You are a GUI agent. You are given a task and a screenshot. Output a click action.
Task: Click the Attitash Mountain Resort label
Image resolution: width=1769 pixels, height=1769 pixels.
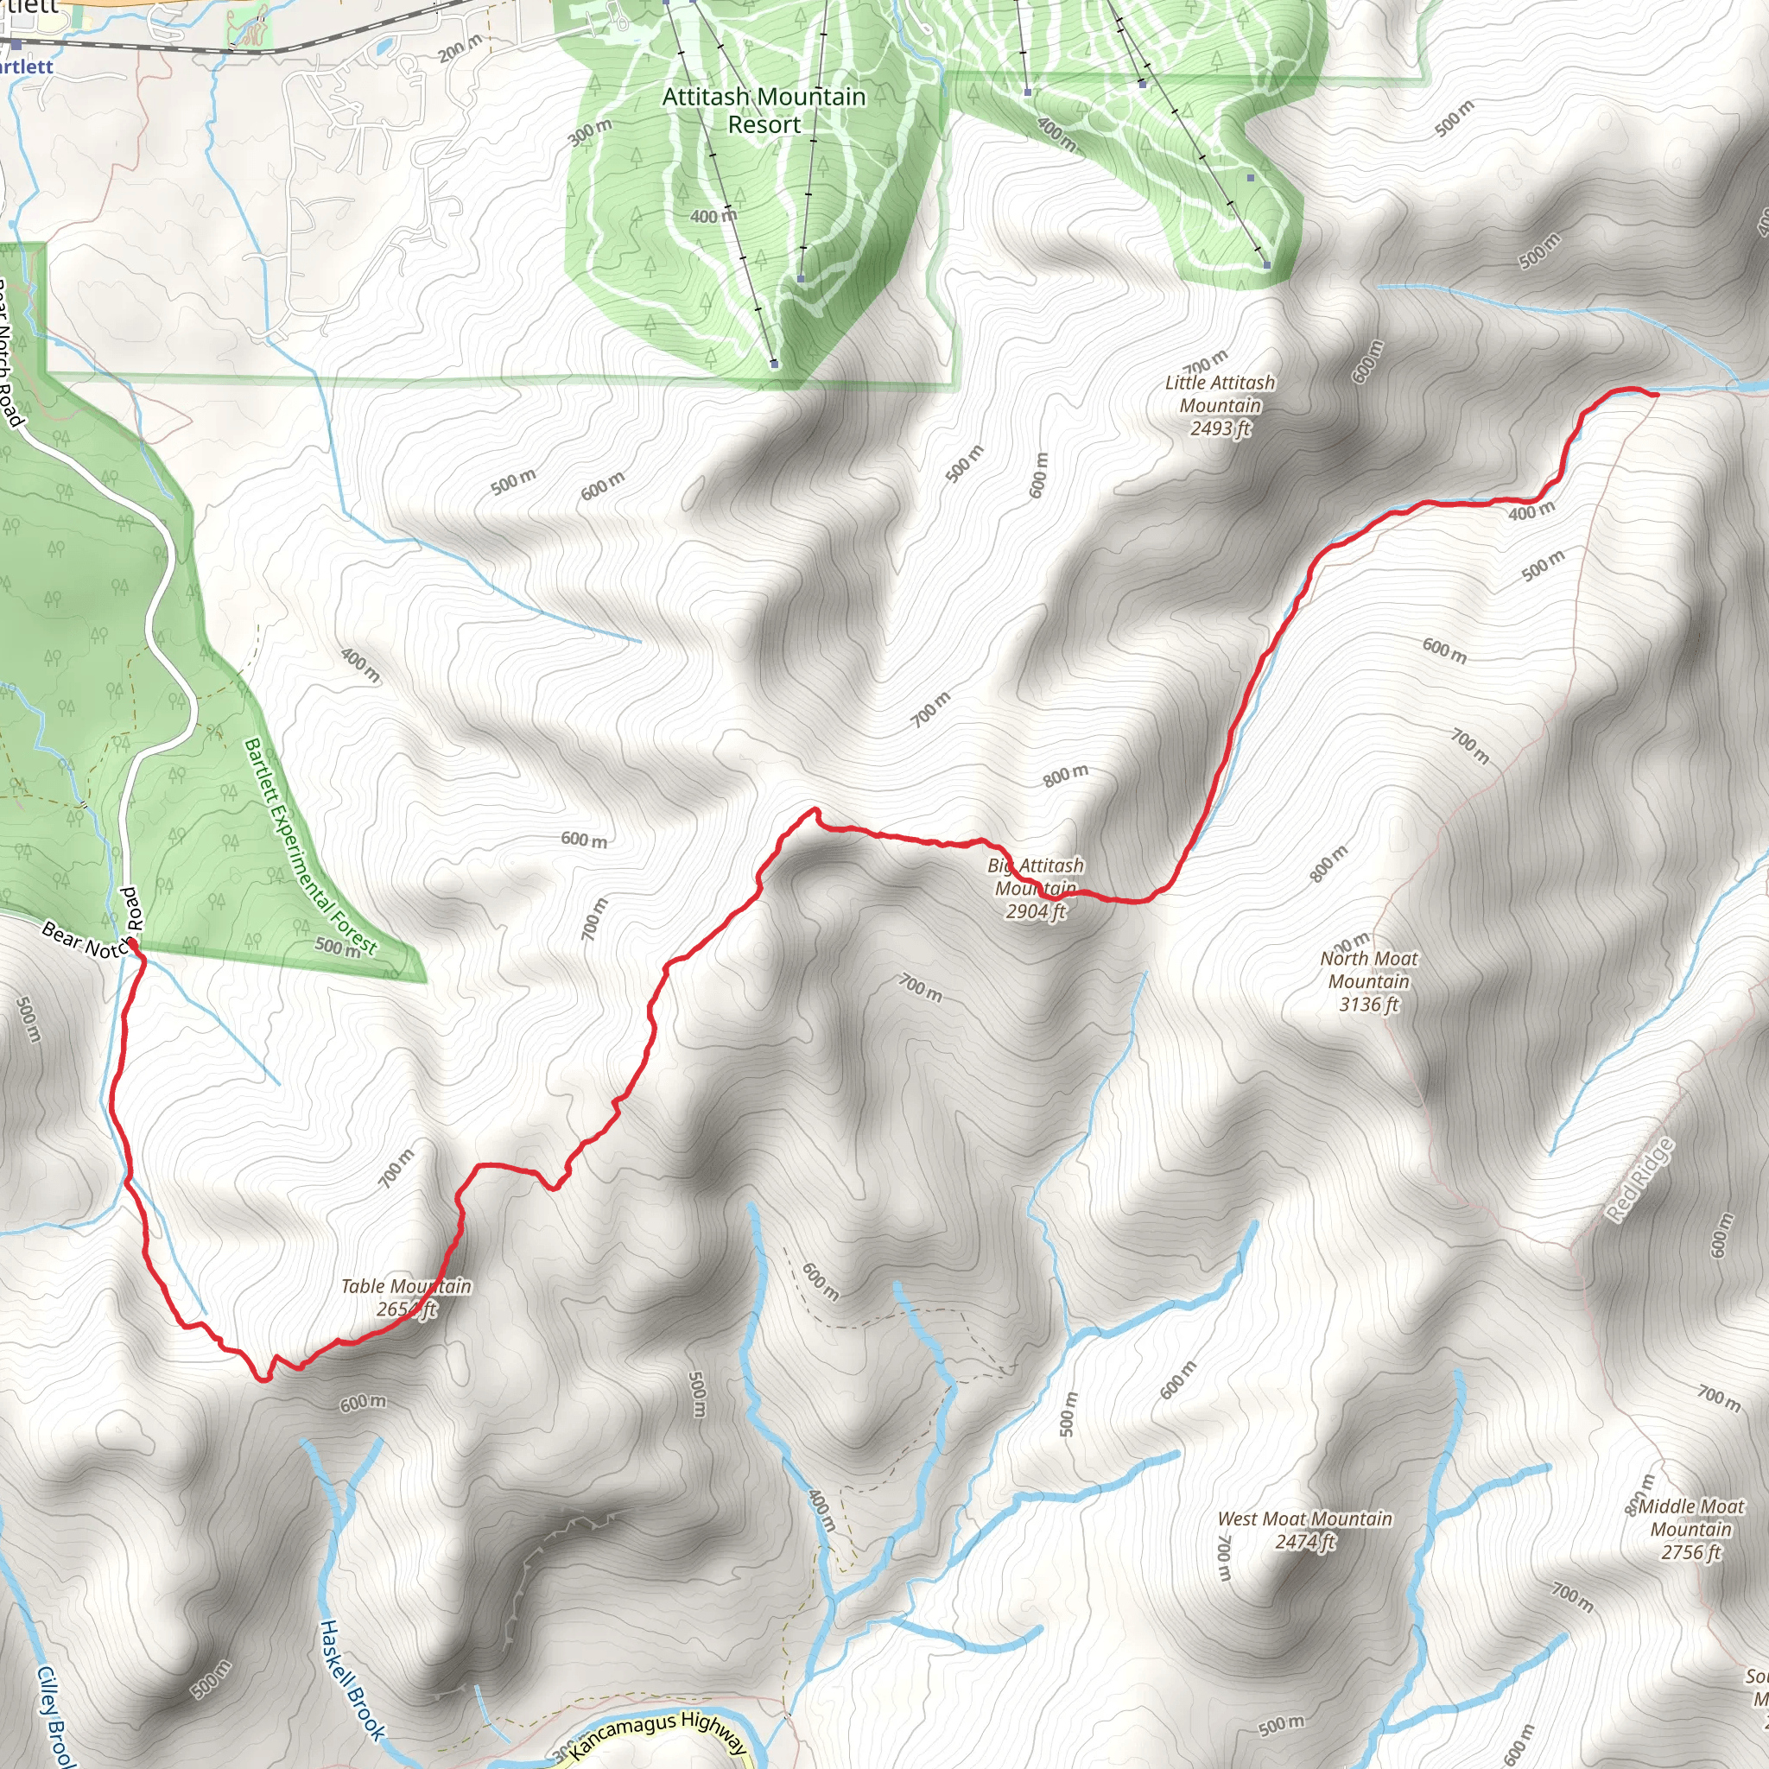pyautogui.click(x=764, y=110)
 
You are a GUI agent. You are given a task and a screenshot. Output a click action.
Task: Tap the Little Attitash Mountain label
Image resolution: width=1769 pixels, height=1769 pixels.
pyautogui.click(x=1220, y=394)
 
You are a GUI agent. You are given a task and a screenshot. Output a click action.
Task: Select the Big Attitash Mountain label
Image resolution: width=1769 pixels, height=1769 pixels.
pyautogui.click(x=1036, y=876)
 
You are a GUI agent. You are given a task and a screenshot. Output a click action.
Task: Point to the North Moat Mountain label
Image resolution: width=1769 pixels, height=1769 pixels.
pyautogui.click(x=1369, y=970)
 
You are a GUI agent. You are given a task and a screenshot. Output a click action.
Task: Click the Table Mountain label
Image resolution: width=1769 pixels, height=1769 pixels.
pyautogui.click(x=406, y=1286)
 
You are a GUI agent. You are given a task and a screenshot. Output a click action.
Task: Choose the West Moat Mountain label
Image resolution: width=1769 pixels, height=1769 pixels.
pyautogui.click(x=1305, y=1519)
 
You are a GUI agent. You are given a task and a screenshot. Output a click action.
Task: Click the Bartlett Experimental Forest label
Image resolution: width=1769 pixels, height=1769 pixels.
pyautogui.click(x=309, y=847)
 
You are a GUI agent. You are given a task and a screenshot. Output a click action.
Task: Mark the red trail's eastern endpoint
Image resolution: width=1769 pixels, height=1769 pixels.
pyautogui.click(x=1656, y=395)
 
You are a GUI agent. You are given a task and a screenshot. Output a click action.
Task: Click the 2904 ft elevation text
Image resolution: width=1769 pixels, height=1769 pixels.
pyautogui.click(x=1036, y=911)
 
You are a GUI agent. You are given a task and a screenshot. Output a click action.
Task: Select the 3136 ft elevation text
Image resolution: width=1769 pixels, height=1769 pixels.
pyautogui.click(x=1369, y=1005)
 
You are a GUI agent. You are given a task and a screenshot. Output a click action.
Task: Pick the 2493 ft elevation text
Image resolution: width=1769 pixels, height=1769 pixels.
pyautogui.click(x=1220, y=428)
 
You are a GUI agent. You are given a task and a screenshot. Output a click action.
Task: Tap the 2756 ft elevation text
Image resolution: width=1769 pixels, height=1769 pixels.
pyautogui.click(x=1691, y=1552)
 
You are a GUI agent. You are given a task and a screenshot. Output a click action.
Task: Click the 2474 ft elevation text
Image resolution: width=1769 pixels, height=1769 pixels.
pyautogui.click(x=1305, y=1542)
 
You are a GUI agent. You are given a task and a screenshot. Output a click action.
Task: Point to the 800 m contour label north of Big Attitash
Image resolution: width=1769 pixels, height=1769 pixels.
pyautogui.click(x=1066, y=776)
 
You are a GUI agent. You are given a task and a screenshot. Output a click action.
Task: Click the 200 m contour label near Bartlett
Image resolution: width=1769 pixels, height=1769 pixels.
pyautogui.click(x=460, y=48)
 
